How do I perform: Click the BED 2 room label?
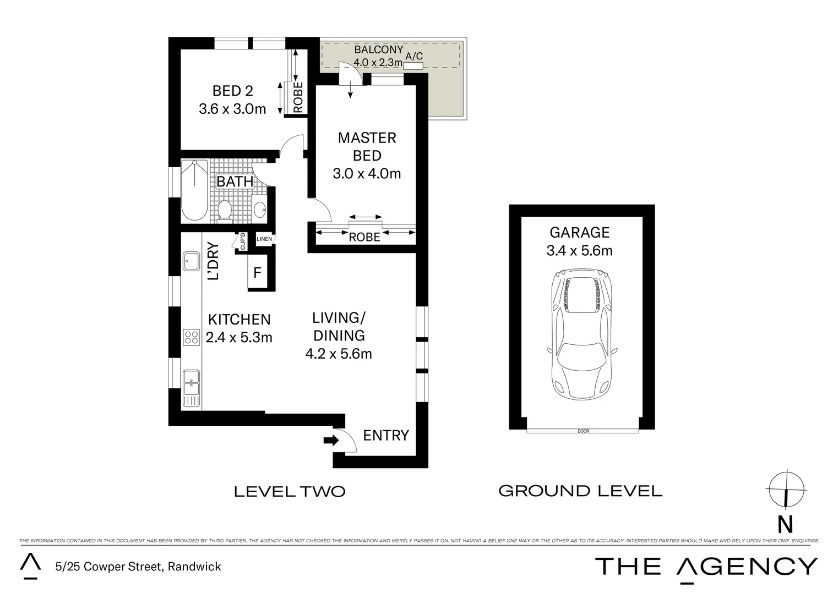click(232, 91)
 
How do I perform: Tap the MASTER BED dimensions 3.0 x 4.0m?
click(367, 174)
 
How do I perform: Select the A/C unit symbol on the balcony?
click(413, 67)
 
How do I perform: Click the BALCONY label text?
click(378, 50)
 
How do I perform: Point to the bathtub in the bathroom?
click(195, 190)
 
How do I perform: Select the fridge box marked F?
click(257, 273)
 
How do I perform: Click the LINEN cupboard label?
click(264, 239)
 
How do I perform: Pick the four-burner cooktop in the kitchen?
click(192, 337)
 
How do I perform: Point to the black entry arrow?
click(331, 440)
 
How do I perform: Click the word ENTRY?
click(386, 436)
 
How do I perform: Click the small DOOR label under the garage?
click(583, 431)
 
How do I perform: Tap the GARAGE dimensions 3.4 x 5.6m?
click(579, 251)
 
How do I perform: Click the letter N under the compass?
click(785, 525)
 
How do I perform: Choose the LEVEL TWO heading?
click(290, 491)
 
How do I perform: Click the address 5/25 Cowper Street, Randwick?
click(138, 566)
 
